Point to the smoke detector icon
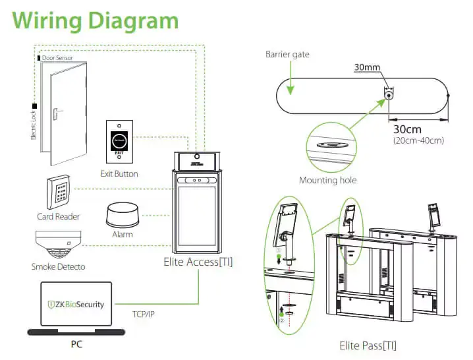point(57,246)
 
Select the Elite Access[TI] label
point(198,262)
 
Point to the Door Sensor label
point(57,58)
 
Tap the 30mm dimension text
point(367,67)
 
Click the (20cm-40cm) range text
point(418,140)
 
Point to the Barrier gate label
point(287,54)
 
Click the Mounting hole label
point(327,180)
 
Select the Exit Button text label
point(119,173)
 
